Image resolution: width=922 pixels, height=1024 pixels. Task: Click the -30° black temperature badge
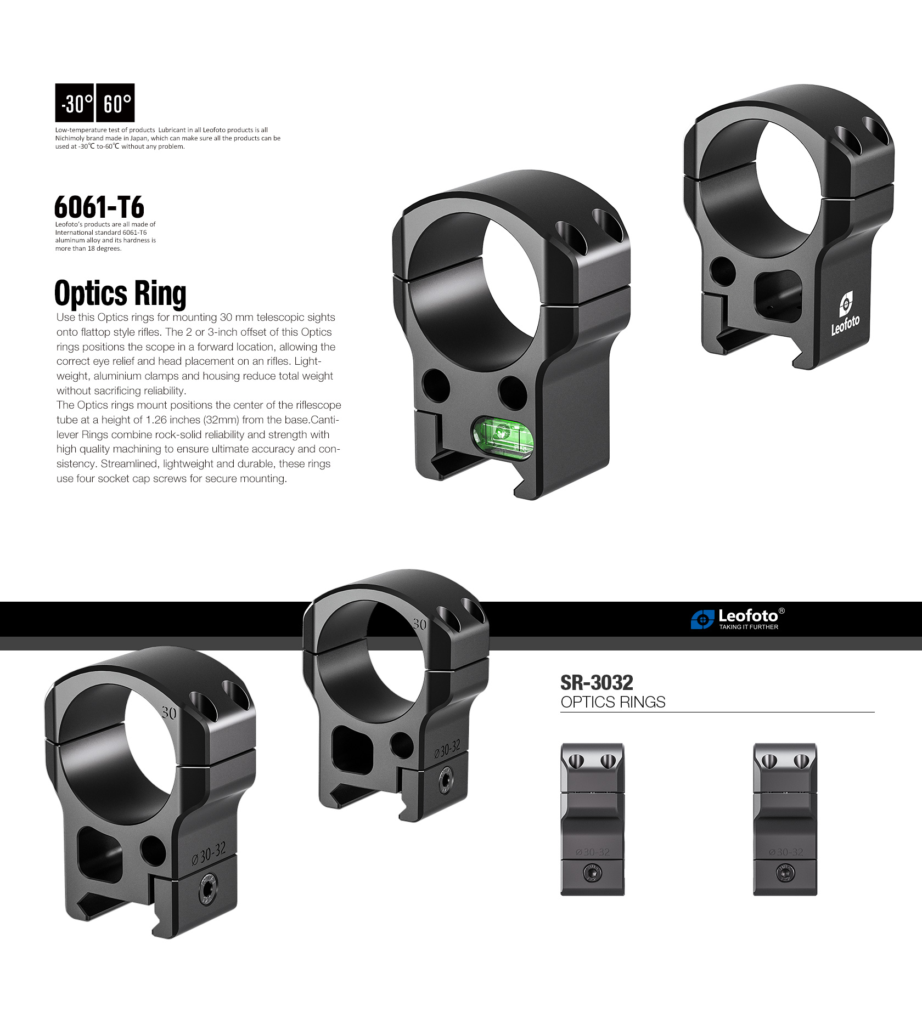click(x=75, y=103)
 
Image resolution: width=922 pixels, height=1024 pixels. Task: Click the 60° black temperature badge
click(x=115, y=103)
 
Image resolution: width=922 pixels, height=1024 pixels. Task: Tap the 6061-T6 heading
click(x=99, y=207)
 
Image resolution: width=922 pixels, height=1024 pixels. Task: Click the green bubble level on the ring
click(x=503, y=436)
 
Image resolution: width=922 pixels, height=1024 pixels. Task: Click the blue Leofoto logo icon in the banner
click(x=702, y=619)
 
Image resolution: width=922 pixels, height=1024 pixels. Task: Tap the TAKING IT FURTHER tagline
click(x=749, y=627)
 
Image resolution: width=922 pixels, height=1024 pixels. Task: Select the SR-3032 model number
click(x=597, y=683)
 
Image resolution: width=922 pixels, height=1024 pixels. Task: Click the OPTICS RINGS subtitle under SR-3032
click(x=613, y=702)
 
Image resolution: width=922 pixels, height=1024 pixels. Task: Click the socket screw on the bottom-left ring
click(x=208, y=889)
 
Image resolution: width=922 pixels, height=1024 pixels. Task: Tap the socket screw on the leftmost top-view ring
click(x=592, y=873)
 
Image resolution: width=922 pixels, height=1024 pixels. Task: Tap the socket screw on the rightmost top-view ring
click(x=785, y=873)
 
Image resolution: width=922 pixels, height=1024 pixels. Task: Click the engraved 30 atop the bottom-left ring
click(x=169, y=713)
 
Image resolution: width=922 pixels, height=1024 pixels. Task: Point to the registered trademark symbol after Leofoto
click(x=782, y=611)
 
